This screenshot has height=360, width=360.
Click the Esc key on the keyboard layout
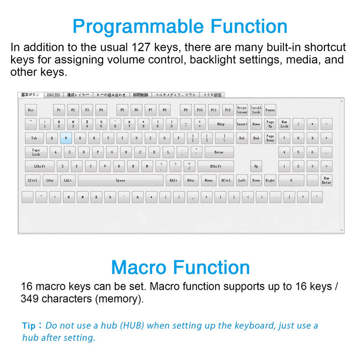point(31,110)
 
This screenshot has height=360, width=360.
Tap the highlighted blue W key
point(66,138)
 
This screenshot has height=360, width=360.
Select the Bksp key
point(220,124)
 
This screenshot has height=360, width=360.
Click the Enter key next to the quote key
point(219,152)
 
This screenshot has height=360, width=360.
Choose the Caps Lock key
point(36,152)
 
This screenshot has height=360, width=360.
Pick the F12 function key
point(228,110)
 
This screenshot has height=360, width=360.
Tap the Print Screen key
point(242,110)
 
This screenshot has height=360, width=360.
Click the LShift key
point(40,166)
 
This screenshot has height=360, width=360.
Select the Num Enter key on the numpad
point(326,180)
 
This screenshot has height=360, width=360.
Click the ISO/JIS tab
point(54,95)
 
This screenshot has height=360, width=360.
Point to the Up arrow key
point(256,166)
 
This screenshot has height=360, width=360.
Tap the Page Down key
point(270,138)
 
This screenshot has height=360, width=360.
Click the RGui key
point(191,180)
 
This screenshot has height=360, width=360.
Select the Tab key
point(34,138)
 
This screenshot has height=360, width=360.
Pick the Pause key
point(270,110)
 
